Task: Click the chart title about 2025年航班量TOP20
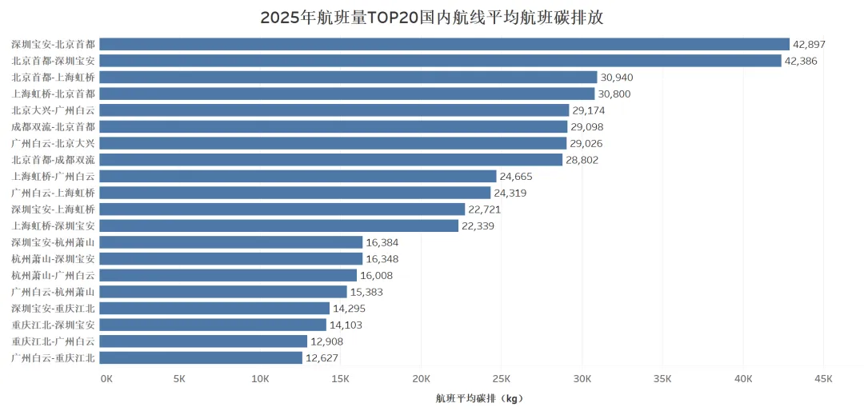[x=432, y=17]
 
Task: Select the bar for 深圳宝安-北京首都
[x=445, y=44]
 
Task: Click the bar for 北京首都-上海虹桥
[x=348, y=77]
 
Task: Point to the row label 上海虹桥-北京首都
[x=53, y=94]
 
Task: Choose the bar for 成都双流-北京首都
[x=334, y=126]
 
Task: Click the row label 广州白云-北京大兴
[x=53, y=143]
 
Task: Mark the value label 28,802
[x=582, y=160]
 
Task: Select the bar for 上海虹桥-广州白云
[x=298, y=176]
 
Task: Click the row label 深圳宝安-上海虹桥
[x=53, y=209]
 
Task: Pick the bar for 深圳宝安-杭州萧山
[x=231, y=242]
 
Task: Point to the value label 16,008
[x=376, y=276]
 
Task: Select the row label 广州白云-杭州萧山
[x=53, y=292]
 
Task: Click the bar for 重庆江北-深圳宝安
[x=214, y=325]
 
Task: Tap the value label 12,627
[x=322, y=358]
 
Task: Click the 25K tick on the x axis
[x=502, y=380]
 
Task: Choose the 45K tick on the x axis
[x=823, y=380]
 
